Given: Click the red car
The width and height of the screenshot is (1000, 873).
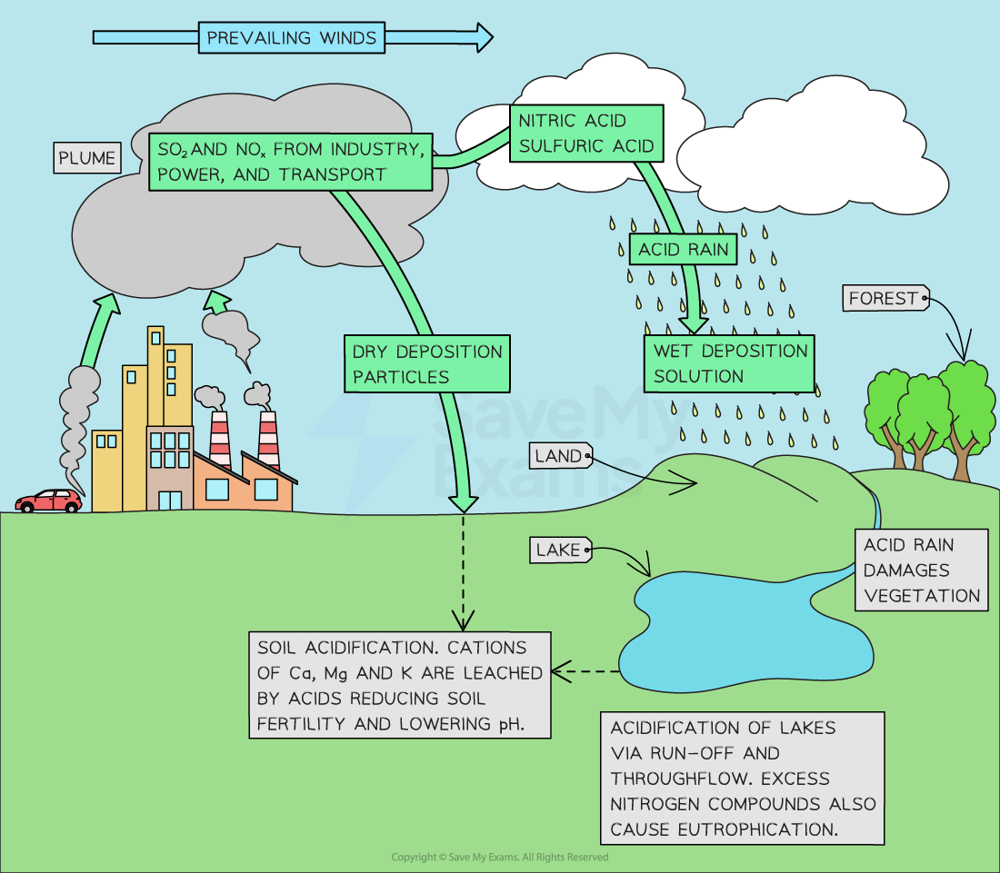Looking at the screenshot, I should [x=49, y=500].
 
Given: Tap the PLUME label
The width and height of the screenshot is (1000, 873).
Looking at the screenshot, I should [x=87, y=158].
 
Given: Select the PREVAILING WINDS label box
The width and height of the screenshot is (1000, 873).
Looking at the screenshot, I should [x=291, y=38].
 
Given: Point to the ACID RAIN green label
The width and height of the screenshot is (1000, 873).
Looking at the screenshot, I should [x=684, y=250].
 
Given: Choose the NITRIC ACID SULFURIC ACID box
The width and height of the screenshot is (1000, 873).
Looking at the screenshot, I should [x=585, y=133].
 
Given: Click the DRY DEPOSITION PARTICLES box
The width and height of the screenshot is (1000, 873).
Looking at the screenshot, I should [x=426, y=363].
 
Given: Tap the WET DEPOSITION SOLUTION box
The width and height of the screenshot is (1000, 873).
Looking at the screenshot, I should [x=730, y=362].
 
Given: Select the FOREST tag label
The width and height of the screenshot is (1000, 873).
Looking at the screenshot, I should [x=884, y=298].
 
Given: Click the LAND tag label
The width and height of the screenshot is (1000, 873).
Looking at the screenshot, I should [x=558, y=456].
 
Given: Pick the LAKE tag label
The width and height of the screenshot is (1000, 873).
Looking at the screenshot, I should [x=558, y=550].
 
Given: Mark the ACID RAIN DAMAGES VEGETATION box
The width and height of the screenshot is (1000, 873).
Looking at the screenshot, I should [x=922, y=570].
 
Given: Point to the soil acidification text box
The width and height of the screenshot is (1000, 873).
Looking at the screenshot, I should [x=400, y=686].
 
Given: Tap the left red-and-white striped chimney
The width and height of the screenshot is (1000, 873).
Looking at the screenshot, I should [x=220, y=441].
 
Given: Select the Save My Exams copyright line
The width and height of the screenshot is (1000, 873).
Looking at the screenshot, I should [x=500, y=858].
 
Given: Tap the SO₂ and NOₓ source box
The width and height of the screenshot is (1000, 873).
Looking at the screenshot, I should [x=290, y=162].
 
